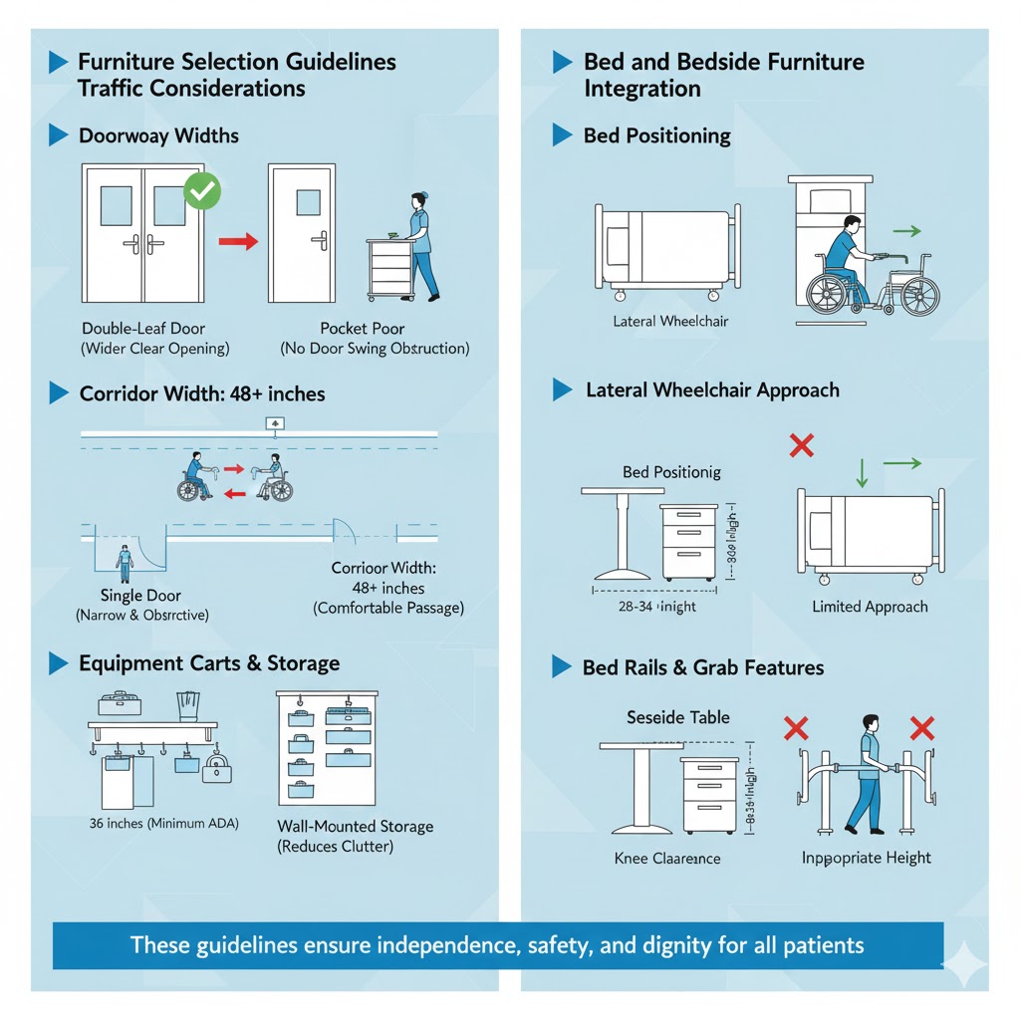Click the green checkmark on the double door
(x=203, y=189)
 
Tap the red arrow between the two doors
(x=238, y=241)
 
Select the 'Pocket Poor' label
(x=362, y=328)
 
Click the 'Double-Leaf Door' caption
(x=145, y=328)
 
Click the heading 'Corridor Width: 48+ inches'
(x=201, y=393)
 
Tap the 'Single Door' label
(x=141, y=596)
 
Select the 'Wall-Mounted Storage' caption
(x=355, y=827)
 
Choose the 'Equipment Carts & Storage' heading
(x=209, y=663)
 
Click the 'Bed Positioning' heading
(x=656, y=135)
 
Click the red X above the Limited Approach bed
(x=800, y=444)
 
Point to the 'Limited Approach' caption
(x=870, y=607)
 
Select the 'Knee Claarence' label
(x=667, y=858)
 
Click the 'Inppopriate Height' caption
(x=867, y=858)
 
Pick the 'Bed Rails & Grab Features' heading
(x=702, y=667)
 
